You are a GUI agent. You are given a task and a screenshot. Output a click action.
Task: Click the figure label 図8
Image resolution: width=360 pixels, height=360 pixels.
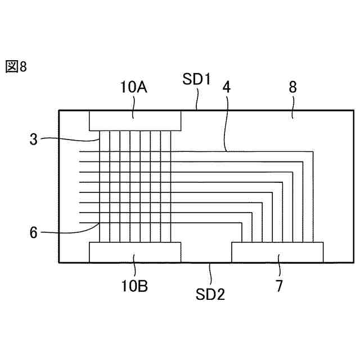click(x=16, y=67)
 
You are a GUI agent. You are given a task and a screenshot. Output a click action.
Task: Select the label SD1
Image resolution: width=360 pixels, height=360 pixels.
click(x=196, y=79)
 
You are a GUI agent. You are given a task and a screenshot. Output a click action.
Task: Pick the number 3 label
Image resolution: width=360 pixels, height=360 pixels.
click(x=34, y=139)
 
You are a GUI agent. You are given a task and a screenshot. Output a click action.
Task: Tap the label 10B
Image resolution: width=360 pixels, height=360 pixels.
click(x=134, y=286)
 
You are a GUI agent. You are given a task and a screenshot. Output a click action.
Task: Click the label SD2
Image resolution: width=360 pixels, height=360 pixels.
click(x=210, y=293)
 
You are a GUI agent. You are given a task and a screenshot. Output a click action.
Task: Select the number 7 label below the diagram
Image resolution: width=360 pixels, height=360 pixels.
click(x=279, y=286)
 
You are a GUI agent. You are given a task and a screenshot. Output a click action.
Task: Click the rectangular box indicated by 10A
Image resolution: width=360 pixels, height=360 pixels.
click(x=135, y=120)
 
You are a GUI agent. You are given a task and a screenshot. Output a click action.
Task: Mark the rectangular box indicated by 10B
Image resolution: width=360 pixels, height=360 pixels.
click(x=135, y=252)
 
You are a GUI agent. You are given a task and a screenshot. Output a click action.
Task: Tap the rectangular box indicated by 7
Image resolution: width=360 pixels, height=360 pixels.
click(x=277, y=252)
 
